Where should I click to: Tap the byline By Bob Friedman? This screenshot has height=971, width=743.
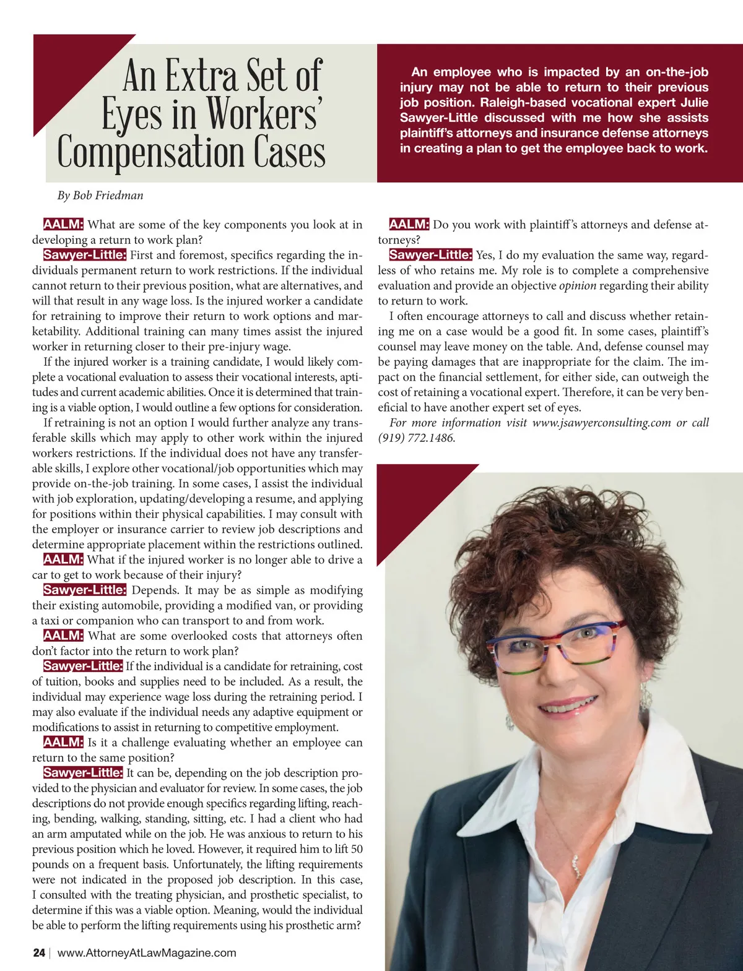100,196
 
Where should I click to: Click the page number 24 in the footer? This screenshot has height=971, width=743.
39,952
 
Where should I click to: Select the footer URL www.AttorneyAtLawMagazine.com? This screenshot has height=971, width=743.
147,952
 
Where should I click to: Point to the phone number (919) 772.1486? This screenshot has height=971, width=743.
416,438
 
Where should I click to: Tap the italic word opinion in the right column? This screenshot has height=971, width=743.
577,286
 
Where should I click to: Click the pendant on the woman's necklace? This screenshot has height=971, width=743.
577,866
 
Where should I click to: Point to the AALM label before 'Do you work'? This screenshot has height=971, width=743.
409,225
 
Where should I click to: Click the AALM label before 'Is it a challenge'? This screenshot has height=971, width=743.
63,743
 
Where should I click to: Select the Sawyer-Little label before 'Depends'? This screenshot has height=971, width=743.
85,590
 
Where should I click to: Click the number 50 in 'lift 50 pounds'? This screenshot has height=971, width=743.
357,850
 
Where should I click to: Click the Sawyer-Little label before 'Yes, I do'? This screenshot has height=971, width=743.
430,255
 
